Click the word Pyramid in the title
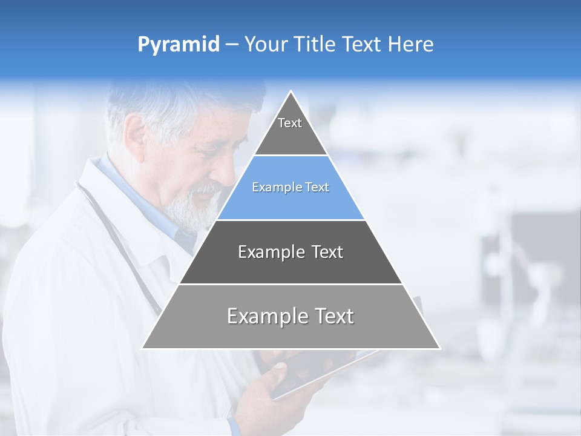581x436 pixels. pos(178,45)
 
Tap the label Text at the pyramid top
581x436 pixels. pos(290,123)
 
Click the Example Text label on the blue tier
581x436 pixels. pos(290,187)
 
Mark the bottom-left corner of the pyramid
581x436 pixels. pos(143,348)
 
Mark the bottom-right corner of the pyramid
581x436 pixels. pos(439,348)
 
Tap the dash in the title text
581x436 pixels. pos(232,45)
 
